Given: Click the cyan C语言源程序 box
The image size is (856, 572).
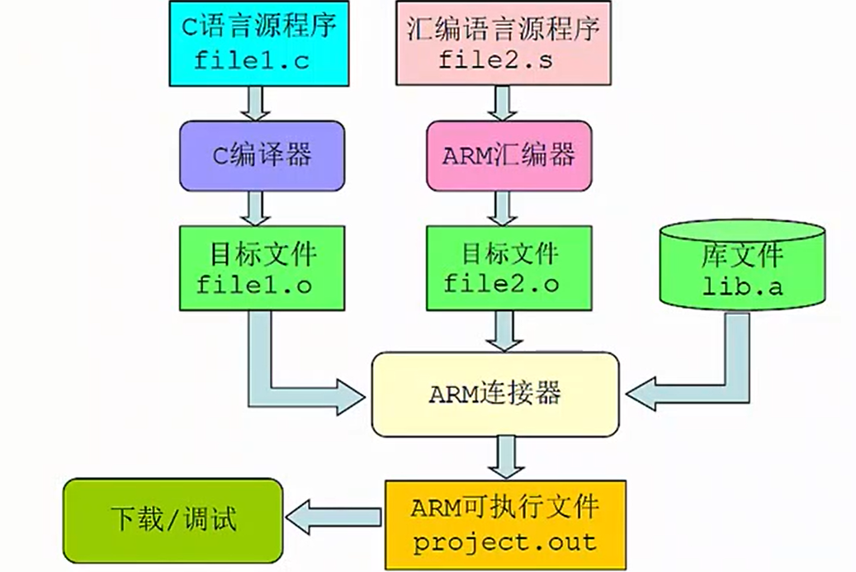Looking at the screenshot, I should point(253,42).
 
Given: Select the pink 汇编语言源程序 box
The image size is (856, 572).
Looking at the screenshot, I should point(503,42).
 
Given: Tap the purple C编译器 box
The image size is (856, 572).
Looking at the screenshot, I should point(261,155).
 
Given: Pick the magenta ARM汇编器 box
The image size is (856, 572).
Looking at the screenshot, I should point(508,155).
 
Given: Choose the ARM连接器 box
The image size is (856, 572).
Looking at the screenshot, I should point(494,394).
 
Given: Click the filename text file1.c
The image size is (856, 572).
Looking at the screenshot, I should point(253,60).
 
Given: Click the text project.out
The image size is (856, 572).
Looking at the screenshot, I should point(504,542).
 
